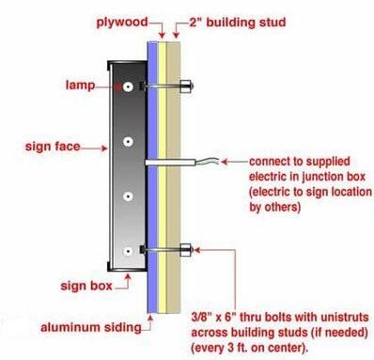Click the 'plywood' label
(122, 23)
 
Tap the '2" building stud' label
(238, 23)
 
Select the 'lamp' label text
(80, 85)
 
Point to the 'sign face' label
(53, 147)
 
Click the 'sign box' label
(86, 286)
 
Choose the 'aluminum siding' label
(91, 327)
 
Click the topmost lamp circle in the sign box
(128, 86)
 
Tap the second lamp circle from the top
(128, 142)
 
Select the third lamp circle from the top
(128, 196)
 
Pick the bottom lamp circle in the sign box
(128, 251)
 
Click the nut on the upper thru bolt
(186, 86)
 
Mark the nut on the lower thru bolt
(186, 250)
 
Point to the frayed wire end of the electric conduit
(207, 161)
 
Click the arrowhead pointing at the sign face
(104, 148)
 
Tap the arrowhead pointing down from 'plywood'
(162, 35)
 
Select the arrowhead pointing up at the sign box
(128, 276)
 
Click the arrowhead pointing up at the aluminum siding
(150, 319)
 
